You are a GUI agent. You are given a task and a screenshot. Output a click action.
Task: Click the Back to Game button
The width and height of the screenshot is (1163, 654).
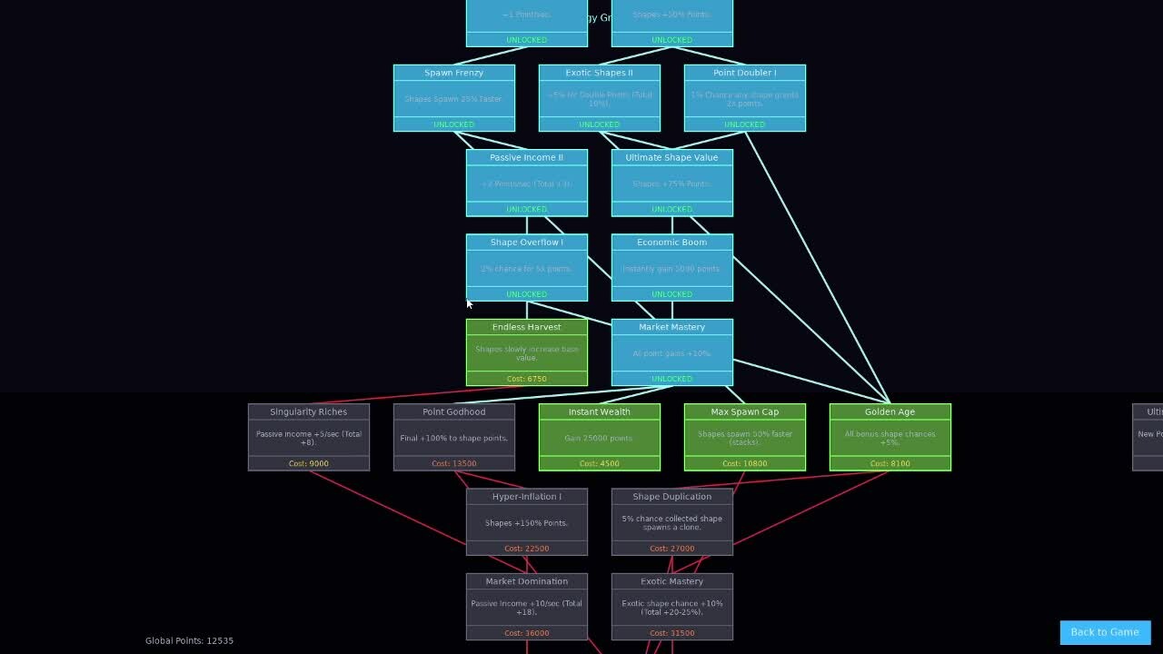coord(1105,632)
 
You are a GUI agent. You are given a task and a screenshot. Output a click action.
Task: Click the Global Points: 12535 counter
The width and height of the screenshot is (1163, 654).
coord(189,640)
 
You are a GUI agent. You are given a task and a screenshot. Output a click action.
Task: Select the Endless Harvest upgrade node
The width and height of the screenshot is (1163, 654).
coord(526,352)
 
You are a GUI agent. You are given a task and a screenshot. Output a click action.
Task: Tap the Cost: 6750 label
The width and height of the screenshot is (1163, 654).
coord(526,379)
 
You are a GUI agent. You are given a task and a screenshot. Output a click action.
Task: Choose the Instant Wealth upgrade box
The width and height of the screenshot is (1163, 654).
coord(599,437)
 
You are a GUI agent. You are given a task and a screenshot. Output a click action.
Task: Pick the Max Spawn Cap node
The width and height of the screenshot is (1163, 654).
coord(744,437)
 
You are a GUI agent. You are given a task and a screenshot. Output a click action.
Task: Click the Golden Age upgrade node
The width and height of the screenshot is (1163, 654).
coord(890,437)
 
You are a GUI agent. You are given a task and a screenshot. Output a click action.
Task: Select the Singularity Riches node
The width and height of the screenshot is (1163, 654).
coord(308,437)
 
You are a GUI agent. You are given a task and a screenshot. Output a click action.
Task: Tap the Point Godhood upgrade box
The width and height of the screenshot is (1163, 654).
coord(453,437)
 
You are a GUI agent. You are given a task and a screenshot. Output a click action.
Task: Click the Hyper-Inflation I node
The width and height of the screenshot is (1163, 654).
coord(526,521)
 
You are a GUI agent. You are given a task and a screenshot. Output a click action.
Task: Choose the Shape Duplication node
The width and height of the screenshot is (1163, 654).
coord(671,521)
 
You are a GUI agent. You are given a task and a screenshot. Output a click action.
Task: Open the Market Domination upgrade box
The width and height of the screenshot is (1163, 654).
coord(526,606)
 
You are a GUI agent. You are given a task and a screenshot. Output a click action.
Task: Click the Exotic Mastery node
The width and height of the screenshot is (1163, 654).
coord(671,606)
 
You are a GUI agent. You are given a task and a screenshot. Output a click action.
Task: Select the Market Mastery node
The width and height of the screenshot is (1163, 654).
coord(671,352)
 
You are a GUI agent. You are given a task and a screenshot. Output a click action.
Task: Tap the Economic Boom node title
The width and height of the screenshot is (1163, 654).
coord(671,243)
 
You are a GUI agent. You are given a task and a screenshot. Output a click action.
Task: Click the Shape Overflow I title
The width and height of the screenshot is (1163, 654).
coord(526,243)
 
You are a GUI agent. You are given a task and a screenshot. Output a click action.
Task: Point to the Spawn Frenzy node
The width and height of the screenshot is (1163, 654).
coord(453,98)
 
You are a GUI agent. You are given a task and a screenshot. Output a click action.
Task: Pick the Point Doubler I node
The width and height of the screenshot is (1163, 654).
coord(744,98)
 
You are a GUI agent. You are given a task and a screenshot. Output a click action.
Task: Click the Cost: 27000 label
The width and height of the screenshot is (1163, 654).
coord(671,549)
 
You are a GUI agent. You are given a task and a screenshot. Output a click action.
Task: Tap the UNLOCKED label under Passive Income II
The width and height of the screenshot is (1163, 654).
coord(526,210)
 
